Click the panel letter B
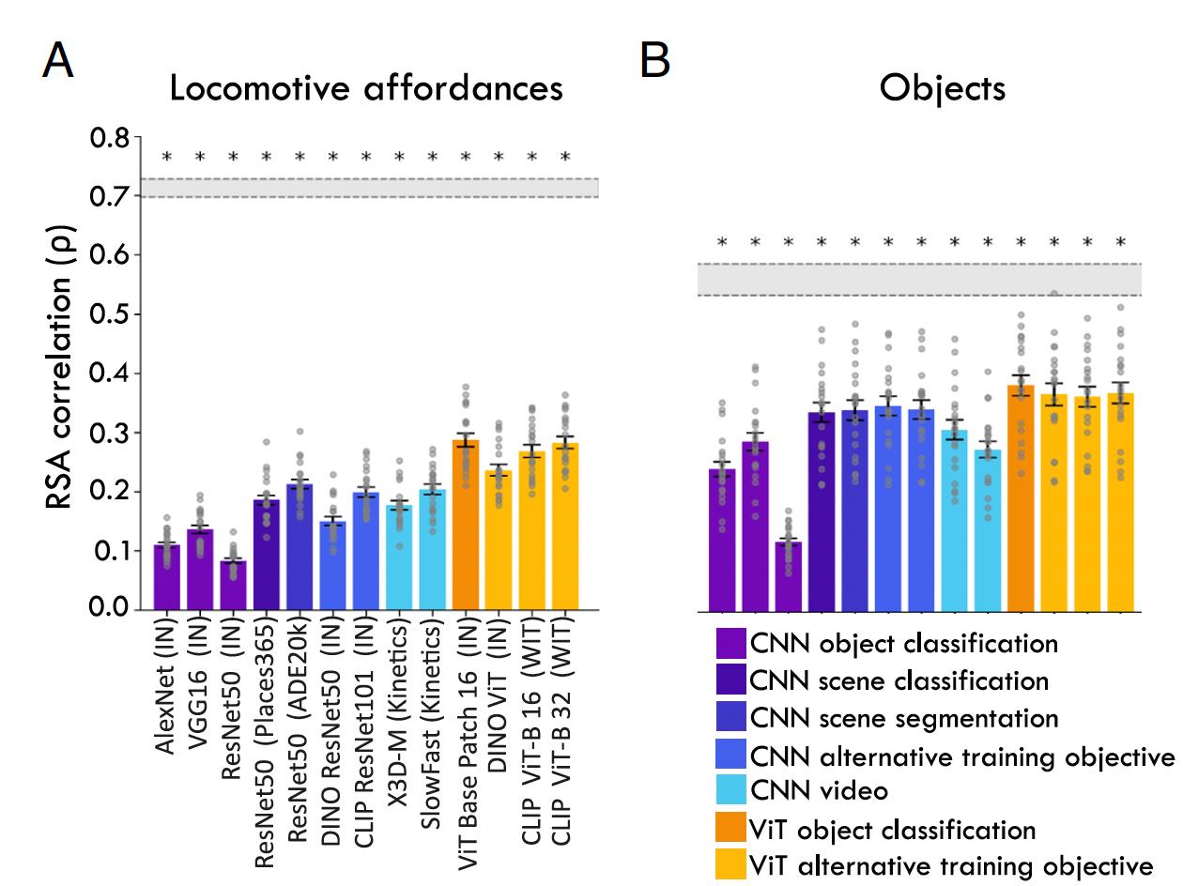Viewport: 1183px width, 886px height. [x=655, y=62]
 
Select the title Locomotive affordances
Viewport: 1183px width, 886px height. [x=366, y=88]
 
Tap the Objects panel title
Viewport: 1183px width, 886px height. [x=943, y=88]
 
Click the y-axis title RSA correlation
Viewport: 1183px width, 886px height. [x=62, y=374]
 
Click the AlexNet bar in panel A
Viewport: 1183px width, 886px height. [x=167, y=577]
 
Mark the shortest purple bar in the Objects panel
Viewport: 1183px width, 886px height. [x=788, y=577]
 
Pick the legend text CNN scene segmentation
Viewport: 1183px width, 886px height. [x=904, y=718]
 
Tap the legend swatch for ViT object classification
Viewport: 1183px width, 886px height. [x=730, y=830]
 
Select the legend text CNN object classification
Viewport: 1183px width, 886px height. [x=903, y=644]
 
